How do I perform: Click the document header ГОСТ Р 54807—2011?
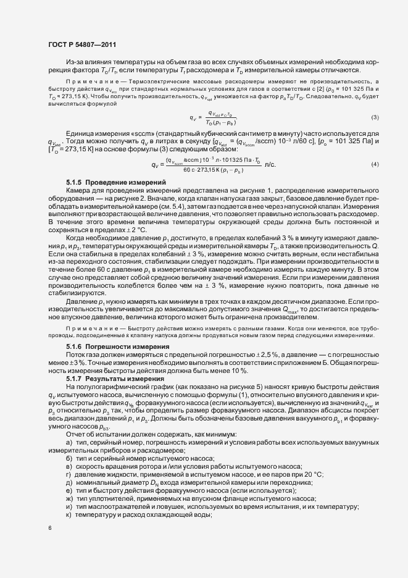tap(80, 44)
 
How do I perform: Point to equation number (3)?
tap(375, 117)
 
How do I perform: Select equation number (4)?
tap(375, 164)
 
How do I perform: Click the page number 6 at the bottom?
tap(50, 528)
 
